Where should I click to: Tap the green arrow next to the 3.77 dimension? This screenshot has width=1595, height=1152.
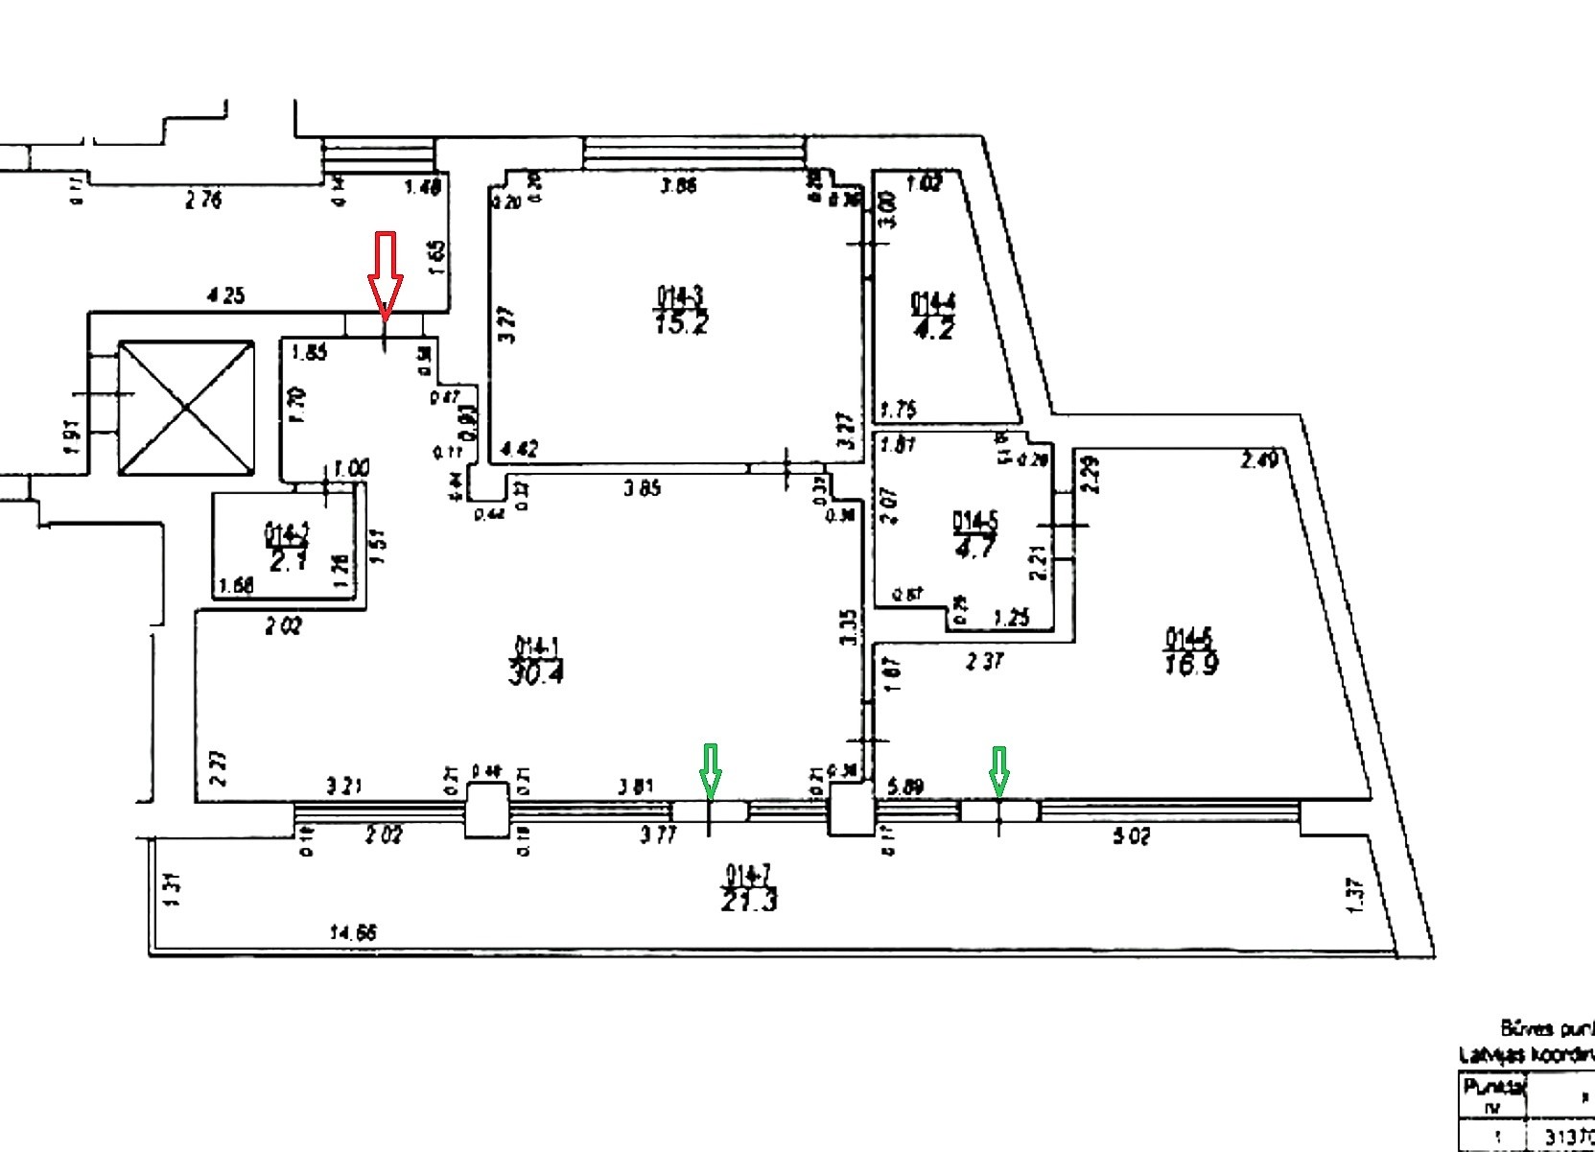(x=710, y=770)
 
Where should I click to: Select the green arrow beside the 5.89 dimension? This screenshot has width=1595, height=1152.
(x=999, y=770)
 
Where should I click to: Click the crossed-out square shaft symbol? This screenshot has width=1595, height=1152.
(x=186, y=407)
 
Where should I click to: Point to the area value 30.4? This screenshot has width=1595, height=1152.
(x=537, y=672)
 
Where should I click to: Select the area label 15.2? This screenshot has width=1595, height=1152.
(x=682, y=322)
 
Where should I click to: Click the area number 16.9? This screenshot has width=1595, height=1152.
(x=1191, y=663)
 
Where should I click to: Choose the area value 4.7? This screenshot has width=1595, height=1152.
(x=975, y=547)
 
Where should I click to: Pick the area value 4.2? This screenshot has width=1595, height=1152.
(x=932, y=329)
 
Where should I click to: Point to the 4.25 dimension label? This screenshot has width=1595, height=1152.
(x=225, y=296)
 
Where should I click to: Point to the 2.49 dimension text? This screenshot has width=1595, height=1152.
(x=1258, y=460)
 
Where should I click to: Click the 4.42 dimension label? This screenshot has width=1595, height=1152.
(x=520, y=448)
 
